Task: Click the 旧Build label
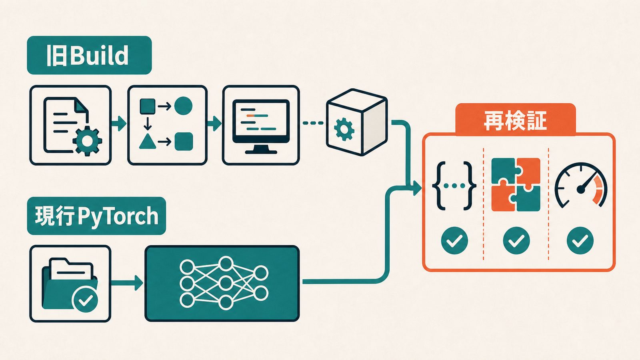tap(89, 55)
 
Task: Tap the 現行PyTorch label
tap(96, 216)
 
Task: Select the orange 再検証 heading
tap(515, 120)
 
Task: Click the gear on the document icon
tap(87, 141)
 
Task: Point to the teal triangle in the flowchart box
tap(148, 141)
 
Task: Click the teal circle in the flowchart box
tap(183, 106)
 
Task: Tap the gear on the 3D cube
tap(344, 130)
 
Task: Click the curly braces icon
tap(454, 186)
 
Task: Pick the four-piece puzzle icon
tap(516, 184)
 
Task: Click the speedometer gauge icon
tap(581, 185)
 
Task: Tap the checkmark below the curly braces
tap(454, 240)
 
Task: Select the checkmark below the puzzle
tap(516, 240)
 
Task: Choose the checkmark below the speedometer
tap(580, 240)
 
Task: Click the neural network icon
tap(224, 283)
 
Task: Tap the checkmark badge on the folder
tap(85, 300)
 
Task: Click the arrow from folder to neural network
tap(127, 283)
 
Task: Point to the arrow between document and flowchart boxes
tap(118, 124)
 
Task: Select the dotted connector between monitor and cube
tap(313, 123)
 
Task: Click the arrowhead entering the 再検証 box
tap(418, 188)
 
